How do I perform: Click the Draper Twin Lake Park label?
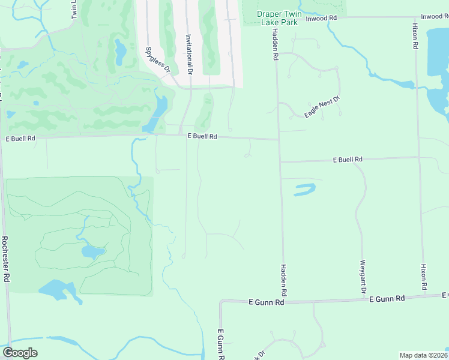pos(277,18)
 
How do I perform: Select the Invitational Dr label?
pos(188,54)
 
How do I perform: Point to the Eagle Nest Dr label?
pos(322,106)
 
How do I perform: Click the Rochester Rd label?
pos(5,258)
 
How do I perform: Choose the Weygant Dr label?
pos(363,277)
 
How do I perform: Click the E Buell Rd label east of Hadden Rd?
pos(348,160)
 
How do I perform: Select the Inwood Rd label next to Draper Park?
pos(321,18)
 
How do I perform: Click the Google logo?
pos(20,353)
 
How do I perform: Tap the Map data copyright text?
pos(424,355)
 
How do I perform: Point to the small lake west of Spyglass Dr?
pos(120,53)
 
